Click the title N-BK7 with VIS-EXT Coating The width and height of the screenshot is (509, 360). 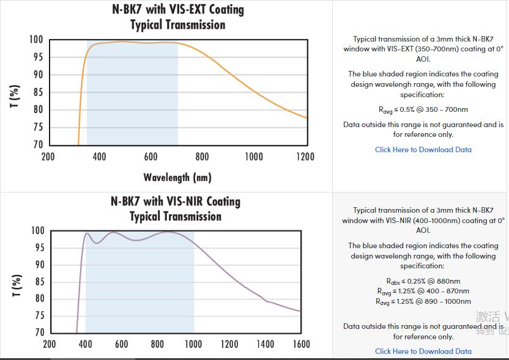(x=177, y=10)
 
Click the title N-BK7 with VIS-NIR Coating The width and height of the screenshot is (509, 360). (x=175, y=202)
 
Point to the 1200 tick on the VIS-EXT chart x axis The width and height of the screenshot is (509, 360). (x=305, y=157)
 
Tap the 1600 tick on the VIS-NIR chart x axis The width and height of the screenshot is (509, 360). (x=301, y=344)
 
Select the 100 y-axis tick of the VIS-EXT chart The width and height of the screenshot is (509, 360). (x=36, y=40)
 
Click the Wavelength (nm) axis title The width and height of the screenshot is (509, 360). (x=177, y=177)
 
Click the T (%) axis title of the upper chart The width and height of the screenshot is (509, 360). (x=17, y=96)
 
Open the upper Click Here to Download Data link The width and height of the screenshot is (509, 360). (x=423, y=150)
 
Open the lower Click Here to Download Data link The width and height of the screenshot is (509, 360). (x=423, y=351)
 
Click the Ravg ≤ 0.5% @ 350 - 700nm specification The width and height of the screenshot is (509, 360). (x=423, y=110)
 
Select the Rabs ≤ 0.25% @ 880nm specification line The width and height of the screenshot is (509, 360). (x=423, y=281)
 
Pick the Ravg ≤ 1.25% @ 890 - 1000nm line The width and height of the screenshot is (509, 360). (x=423, y=301)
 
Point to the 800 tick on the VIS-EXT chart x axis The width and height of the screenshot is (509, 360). (x=202, y=157)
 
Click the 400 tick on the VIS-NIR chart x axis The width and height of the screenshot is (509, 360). (x=86, y=344)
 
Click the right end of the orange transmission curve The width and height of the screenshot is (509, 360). (x=307, y=117)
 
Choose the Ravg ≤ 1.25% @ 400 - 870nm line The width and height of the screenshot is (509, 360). (x=423, y=291)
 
